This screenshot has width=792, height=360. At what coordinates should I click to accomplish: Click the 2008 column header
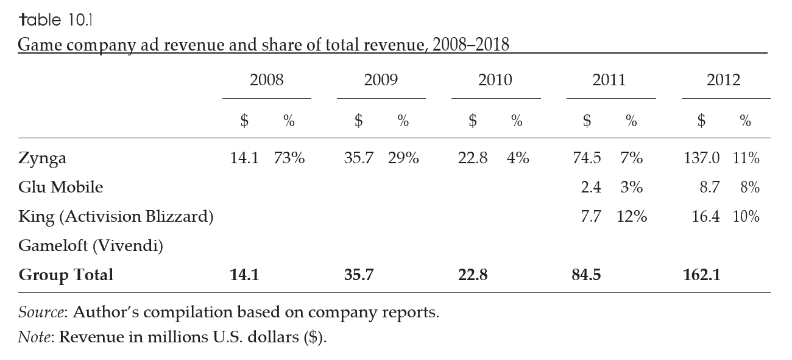pyautogui.click(x=266, y=80)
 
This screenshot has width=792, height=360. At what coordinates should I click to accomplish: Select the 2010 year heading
pyautogui.click(x=495, y=80)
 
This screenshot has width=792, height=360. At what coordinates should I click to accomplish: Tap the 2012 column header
pyautogui.click(x=723, y=80)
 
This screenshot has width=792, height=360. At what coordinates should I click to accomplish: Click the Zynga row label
pyautogui.click(x=42, y=159)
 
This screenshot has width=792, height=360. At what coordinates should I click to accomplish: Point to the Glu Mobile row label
pyautogui.click(x=60, y=188)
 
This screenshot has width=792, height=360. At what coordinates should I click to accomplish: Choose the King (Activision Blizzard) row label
pyautogui.click(x=116, y=217)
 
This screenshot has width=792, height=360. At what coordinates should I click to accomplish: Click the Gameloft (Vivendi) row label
pyautogui.click(x=91, y=246)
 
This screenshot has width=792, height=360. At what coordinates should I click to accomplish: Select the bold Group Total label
pyautogui.click(x=66, y=275)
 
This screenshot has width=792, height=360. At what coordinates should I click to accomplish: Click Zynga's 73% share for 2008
pyautogui.click(x=289, y=158)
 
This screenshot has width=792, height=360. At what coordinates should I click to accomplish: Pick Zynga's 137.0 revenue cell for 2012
pyautogui.click(x=701, y=158)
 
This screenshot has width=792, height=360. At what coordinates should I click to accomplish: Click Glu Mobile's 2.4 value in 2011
pyautogui.click(x=590, y=188)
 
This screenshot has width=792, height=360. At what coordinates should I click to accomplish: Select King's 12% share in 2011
pyautogui.click(x=631, y=217)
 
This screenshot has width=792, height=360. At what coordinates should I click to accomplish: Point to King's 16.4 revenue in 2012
pyautogui.click(x=705, y=217)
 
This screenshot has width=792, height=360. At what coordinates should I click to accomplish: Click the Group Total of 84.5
pyautogui.click(x=586, y=275)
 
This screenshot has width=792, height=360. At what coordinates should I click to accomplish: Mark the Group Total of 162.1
pyautogui.click(x=701, y=275)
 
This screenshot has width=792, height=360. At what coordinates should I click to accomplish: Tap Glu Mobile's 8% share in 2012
pyautogui.click(x=750, y=188)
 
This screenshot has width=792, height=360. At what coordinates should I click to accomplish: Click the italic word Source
pyautogui.click(x=41, y=313)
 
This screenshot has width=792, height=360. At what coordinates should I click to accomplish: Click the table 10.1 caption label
pyautogui.click(x=55, y=20)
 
